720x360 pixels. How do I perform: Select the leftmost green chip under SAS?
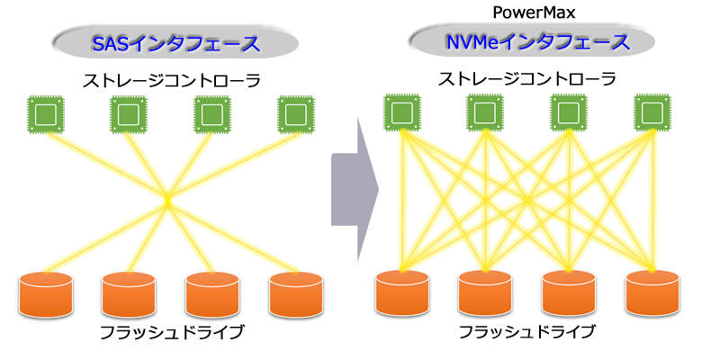click(x=44, y=114)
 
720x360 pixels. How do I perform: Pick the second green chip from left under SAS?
click(x=128, y=114)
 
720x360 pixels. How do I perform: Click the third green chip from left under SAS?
click(x=211, y=114)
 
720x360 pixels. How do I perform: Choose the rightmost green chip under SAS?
click(x=295, y=114)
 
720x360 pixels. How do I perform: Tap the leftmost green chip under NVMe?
click(x=400, y=112)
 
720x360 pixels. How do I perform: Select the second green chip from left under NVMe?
click(x=484, y=112)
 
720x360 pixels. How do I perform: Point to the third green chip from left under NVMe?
click(x=568, y=112)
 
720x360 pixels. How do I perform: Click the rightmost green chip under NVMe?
click(x=652, y=112)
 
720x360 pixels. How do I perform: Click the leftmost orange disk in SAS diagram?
click(x=44, y=293)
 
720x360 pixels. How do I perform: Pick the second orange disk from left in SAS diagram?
click(x=128, y=293)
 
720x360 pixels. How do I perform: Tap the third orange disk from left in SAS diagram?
click(x=211, y=293)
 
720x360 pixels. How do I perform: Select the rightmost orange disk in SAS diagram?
click(x=295, y=293)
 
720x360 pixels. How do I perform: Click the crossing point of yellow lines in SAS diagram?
click(x=167, y=198)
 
